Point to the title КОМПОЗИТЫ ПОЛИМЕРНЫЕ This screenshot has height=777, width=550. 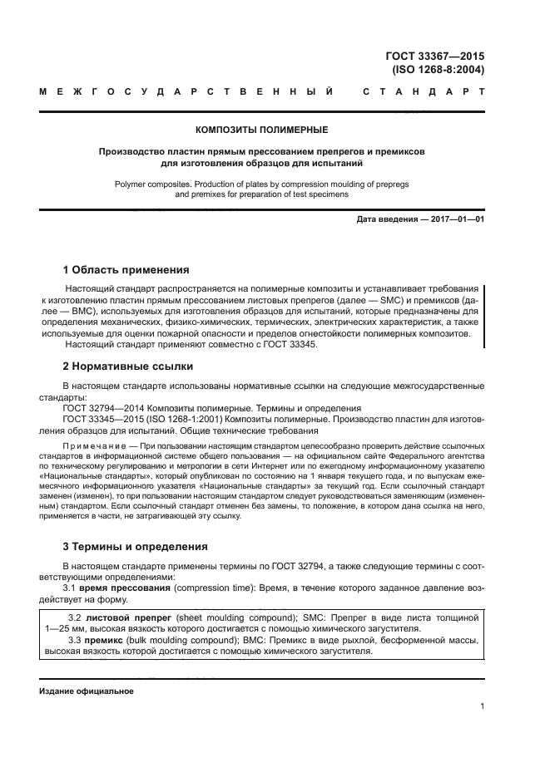pyautogui.click(x=261, y=130)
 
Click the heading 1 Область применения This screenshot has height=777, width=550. pyautogui.click(x=126, y=270)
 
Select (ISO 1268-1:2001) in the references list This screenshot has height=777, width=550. pyautogui.click(x=178, y=420)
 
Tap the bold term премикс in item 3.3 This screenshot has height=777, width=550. pyautogui.click(x=108, y=642)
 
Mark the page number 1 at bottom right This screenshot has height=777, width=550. pyautogui.click(x=482, y=706)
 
